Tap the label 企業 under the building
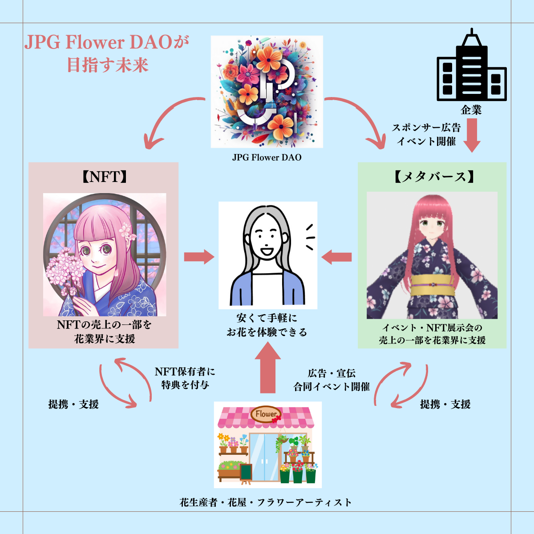pos(471,109)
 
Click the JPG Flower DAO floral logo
pos(267,92)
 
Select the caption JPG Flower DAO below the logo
pos(267,157)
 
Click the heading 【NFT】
pos(104,177)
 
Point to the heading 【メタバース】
pos(432,177)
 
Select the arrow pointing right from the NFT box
pos(199,256)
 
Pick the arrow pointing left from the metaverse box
pos(336,257)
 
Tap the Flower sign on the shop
pos(266,414)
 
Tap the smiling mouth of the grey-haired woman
pos(267,252)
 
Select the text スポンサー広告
pos(426,128)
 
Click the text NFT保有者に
pos(185,371)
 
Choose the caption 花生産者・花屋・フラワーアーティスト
pos(266,502)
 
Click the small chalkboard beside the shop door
pos(246,473)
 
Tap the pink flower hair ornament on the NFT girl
pos(128,231)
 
